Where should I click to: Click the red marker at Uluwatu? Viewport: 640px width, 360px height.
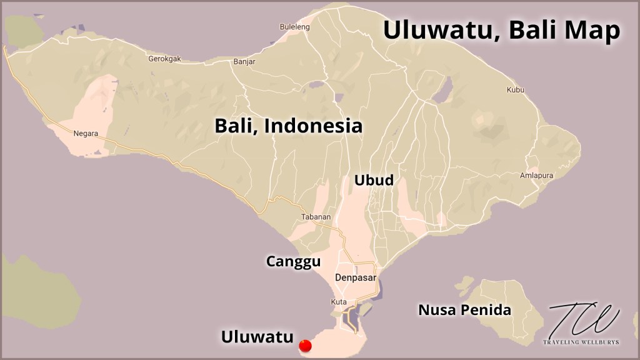pyautogui.click(x=306, y=345)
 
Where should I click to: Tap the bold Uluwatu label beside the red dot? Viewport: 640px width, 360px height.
pyautogui.click(x=257, y=337)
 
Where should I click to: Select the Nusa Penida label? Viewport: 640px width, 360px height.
pyautogui.click(x=464, y=309)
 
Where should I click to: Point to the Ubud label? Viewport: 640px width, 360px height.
pyautogui.click(x=374, y=181)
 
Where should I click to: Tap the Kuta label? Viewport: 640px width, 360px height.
pyautogui.click(x=338, y=302)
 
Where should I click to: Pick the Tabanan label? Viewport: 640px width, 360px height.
pyautogui.click(x=316, y=217)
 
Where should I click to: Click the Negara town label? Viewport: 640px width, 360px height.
pyautogui.click(x=86, y=133)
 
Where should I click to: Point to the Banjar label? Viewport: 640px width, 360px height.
pyautogui.click(x=244, y=62)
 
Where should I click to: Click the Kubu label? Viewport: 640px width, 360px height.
pyautogui.click(x=515, y=90)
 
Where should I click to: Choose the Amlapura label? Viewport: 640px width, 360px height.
pyautogui.click(x=536, y=176)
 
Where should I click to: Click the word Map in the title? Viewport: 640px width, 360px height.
pyautogui.click(x=592, y=29)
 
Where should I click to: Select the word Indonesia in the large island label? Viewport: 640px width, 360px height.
pyautogui.click(x=313, y=125)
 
